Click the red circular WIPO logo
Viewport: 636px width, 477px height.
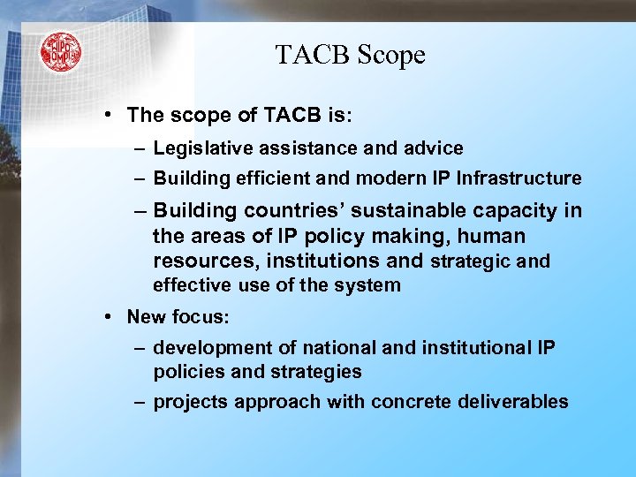60,52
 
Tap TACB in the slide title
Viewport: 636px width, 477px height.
310,56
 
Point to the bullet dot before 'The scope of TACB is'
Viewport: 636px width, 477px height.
106,116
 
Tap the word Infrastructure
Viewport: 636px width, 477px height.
519,178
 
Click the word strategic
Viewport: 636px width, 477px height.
470,261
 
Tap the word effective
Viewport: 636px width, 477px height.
192,285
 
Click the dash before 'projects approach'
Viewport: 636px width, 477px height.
140,403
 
